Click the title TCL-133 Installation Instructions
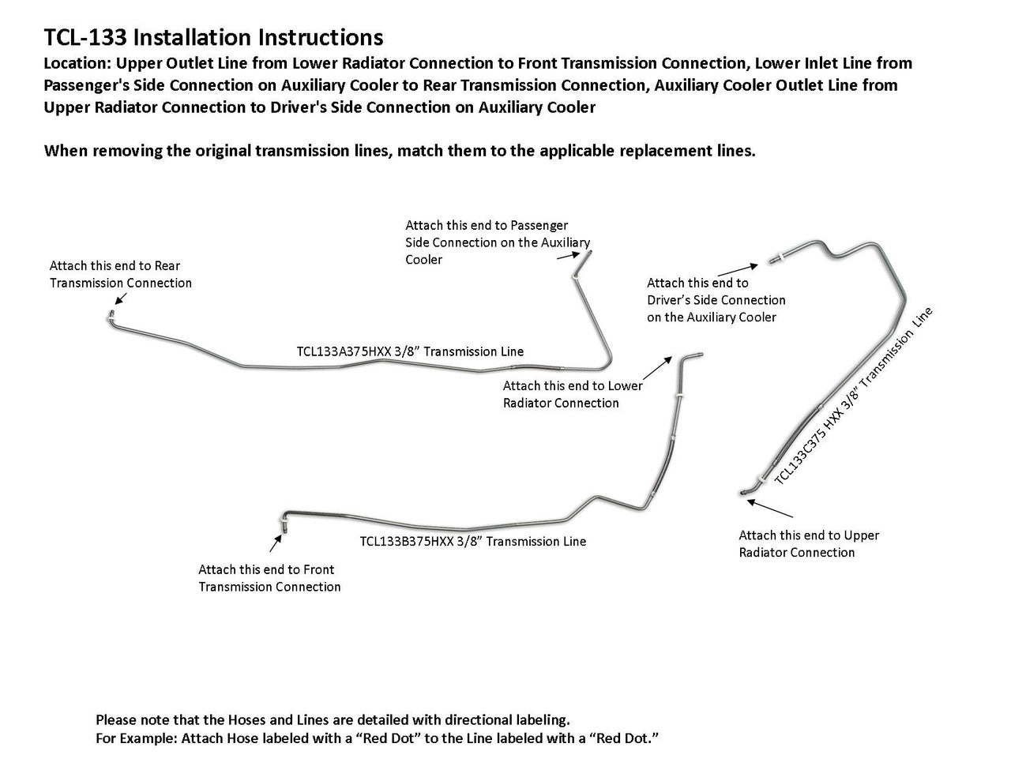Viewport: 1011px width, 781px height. (213, 37)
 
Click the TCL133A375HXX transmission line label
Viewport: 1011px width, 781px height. (410, 351)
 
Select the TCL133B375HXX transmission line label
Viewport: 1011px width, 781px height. (472, 542)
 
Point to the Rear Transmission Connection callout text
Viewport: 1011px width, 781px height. (120, 275)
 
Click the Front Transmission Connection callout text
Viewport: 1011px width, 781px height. (269, 578)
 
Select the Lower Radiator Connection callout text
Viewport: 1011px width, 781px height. (572, 394)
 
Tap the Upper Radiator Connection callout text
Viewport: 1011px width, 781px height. (808, 543)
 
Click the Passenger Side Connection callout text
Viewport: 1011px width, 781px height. (497, 242)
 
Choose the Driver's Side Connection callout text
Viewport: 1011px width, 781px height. (716, 300)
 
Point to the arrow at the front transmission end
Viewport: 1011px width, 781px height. (276, 543)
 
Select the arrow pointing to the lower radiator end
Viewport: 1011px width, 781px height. (655, 368)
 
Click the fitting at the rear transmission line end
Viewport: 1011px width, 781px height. (111, 317)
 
